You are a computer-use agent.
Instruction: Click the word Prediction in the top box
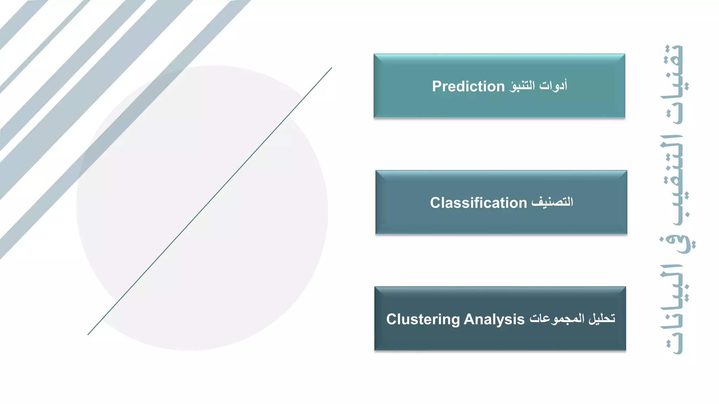468,86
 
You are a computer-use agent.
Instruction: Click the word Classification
478,203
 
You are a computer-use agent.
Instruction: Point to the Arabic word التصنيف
552,202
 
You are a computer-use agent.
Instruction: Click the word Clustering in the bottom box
423,319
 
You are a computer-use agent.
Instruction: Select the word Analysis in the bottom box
494,319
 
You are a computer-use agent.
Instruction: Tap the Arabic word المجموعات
557,319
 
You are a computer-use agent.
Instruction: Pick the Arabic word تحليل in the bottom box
602,318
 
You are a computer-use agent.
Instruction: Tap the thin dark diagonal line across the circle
210,201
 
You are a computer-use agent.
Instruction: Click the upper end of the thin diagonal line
331,68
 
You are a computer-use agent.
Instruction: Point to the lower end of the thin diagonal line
88,334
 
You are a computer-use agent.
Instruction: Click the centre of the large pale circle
202,208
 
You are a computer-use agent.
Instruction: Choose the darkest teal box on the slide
500,337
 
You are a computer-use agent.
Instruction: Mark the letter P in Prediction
436,86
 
